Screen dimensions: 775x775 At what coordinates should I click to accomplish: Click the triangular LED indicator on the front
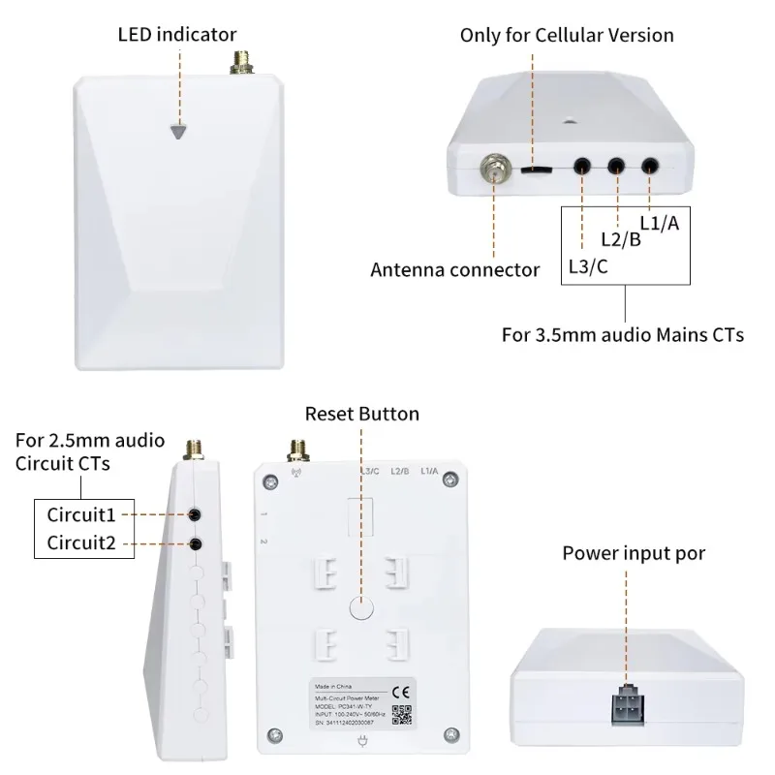[x=176, y=132]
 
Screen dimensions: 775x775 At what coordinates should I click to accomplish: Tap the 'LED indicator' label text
[x=176, y=35]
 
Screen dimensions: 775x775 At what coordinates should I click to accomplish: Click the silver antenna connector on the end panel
[x=494, y=169]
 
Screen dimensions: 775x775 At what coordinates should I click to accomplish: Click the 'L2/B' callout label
[x=620, y=239]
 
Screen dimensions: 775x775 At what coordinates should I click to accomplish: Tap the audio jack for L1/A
[x=650, y=167]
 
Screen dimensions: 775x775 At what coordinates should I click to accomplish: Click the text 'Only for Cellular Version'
[x=567, y=35]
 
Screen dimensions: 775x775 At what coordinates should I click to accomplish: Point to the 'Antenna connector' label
[x=454, y=269]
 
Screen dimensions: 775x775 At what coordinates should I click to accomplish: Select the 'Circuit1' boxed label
[x=81, y=512]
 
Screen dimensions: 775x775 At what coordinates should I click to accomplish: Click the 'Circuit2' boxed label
[x=81, y=543]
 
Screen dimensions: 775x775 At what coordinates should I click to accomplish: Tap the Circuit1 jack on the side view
[x=195, y=513]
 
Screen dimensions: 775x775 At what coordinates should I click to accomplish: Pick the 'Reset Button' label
[x=361, y=415]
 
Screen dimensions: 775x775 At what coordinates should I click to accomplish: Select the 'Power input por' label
[x=634, y=553]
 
